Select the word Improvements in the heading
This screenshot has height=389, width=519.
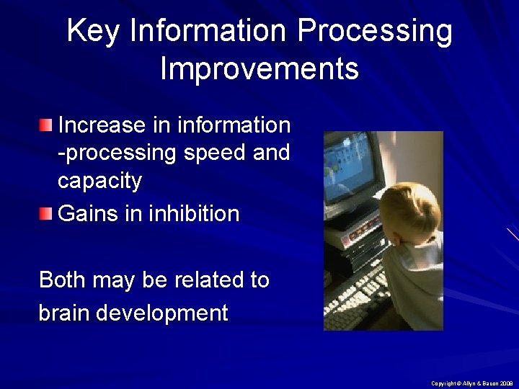pyautogui.click(x=259, y=69)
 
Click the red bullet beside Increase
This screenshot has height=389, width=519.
pyautogui.click(x=46, y=125)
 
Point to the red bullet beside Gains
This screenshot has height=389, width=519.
pyautogui.click(x=46, y=214)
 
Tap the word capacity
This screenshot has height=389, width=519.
pyautogui.click(x=99, y=181)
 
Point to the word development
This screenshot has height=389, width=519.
pyautogui.click(x=162, y=313)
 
